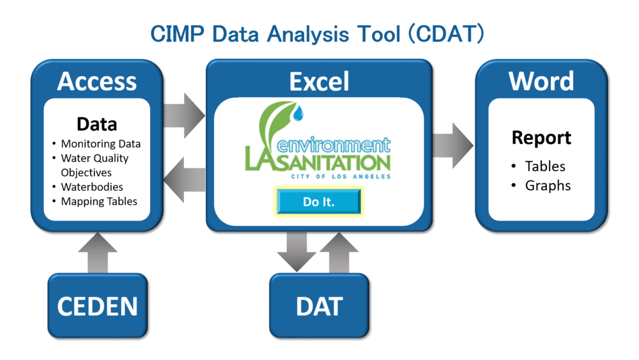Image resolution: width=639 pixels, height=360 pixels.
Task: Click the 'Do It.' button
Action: (x=319, y=201)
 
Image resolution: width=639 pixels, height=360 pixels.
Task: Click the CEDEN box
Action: (x=97, y=306)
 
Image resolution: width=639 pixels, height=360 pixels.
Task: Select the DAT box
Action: (x=319, y=306)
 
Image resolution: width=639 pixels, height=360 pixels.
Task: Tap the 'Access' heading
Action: (x=96, y=81)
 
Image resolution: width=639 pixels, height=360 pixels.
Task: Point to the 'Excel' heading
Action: (x=319, y=81)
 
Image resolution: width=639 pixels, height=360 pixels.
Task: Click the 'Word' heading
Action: (x=541, y=81)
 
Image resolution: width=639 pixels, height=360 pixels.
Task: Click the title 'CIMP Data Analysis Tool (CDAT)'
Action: (x=318, y=34)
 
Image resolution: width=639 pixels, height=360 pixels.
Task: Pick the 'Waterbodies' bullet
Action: (x=91, y=187)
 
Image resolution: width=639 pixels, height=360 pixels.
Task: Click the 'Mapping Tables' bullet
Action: (x=99, y=201)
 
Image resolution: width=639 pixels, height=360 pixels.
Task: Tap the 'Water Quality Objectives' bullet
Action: (x=94, y=165)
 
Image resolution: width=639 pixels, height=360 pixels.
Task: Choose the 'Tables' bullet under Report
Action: (x=544, y=166)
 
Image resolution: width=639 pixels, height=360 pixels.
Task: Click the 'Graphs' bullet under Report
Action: (x=548, y=185)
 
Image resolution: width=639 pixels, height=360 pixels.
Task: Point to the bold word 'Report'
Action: (x=541, y=137)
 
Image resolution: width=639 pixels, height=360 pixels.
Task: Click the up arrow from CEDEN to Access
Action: (x=97, y=253)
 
